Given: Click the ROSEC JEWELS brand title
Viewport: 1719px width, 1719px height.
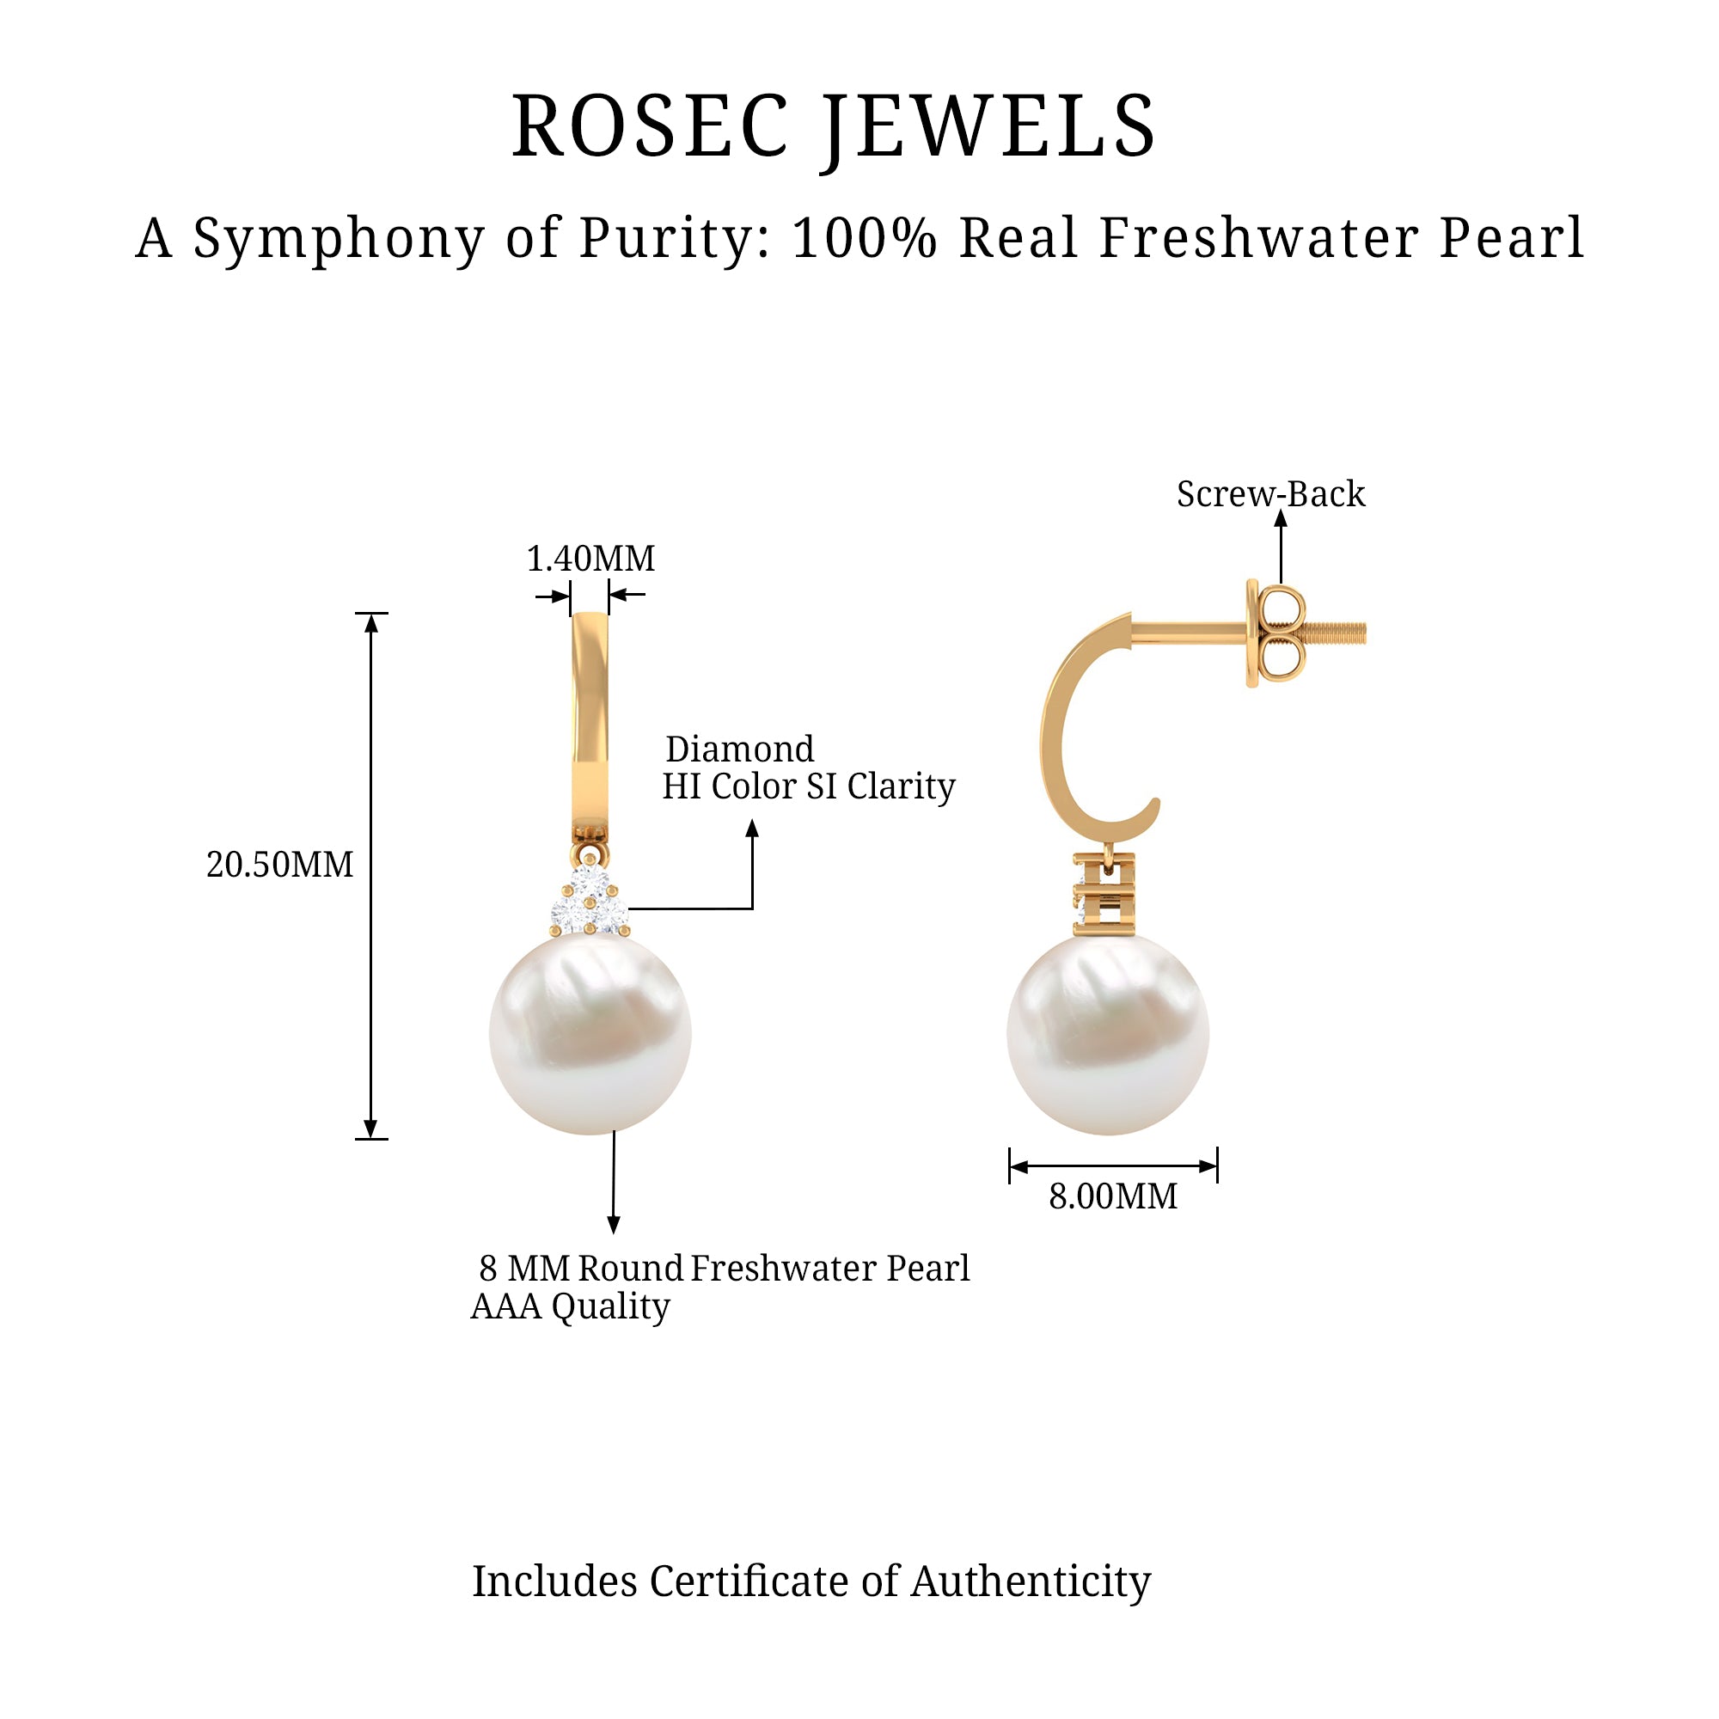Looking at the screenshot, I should pos(834,127).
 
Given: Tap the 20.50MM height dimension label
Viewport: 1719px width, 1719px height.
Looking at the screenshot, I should pos(279,865).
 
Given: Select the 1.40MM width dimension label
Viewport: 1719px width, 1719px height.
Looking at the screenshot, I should pos(590,559).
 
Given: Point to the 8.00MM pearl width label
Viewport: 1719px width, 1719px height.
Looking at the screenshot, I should pos(1112,1196).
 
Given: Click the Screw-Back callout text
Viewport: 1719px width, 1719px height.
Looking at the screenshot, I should pos(1269,495).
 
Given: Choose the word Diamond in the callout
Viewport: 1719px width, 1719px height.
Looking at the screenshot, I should pos(739,749).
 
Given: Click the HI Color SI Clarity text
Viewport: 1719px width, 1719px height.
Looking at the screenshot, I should pos(808,786).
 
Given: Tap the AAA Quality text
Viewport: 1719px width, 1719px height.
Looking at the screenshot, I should pos(571,1306).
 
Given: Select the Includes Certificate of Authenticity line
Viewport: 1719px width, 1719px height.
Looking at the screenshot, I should pos(811,1581).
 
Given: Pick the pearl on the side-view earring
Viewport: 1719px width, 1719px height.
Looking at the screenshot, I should pos(1108,1034).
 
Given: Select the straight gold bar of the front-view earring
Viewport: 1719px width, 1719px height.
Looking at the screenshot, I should pos(590,721).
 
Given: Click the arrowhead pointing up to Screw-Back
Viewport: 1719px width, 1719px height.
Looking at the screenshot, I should pos(1281,520).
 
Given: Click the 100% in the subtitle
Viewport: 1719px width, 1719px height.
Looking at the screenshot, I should pos(863,238).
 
